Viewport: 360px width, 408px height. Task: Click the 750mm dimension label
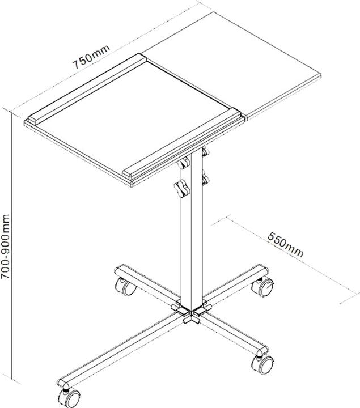click(x=91, y=57)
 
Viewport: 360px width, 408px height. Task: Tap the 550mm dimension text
click(x=286, y=244)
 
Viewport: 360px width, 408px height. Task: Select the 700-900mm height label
click(x=5, y=246)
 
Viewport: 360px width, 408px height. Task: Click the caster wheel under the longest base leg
click(x=69, y=398)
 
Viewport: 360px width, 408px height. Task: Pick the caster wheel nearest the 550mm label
click(x=263, y=287)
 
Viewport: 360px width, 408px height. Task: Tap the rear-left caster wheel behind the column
click(x=125, y=286)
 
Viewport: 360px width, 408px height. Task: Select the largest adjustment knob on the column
click(x=182, y=189)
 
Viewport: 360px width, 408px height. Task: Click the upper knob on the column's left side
click(x=184, y=163)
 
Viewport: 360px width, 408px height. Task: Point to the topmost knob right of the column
click(x=206, y=151)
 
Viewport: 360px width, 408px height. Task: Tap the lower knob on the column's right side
click(x=206, y=178)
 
